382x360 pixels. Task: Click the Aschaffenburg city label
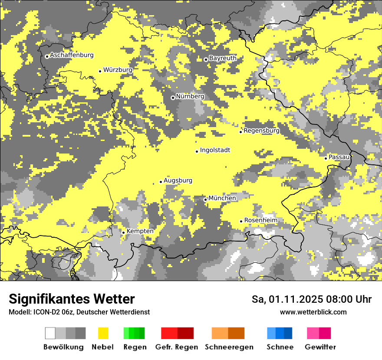point(72,55)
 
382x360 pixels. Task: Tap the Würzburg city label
point(118,69)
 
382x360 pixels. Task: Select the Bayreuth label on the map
point(223,58)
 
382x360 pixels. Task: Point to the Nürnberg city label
point(190,96)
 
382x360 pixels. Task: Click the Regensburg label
point(261,131)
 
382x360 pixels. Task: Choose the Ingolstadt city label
point(215,150)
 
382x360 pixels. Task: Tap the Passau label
point(339,157)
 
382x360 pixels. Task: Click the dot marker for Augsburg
point(161,182)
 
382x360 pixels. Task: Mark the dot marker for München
point(205,200)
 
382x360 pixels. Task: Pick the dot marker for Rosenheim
point(241,221)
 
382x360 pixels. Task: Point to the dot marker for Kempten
point(123,232)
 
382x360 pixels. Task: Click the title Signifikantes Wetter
point(72,299)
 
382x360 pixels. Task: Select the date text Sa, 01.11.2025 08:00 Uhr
point(311,299)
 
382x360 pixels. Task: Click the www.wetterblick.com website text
point(313,312)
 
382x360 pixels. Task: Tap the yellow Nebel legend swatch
point(103,333)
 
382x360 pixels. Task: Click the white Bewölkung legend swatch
point(50,333)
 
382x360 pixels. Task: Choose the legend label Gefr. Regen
point(177,347)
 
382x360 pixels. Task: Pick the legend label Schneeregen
point(229,347)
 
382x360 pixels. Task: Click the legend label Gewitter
point(320,347)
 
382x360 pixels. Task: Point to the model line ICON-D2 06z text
point(79,312)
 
